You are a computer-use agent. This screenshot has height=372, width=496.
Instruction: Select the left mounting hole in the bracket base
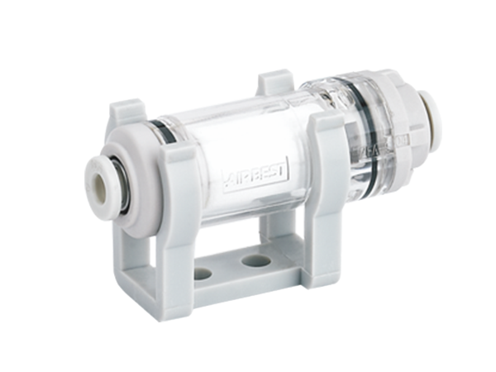tap(203, 273)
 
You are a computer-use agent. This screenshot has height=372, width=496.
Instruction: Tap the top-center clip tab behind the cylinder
tap(274, 83)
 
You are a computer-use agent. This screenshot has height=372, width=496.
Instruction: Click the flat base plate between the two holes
tap(230, 267)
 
